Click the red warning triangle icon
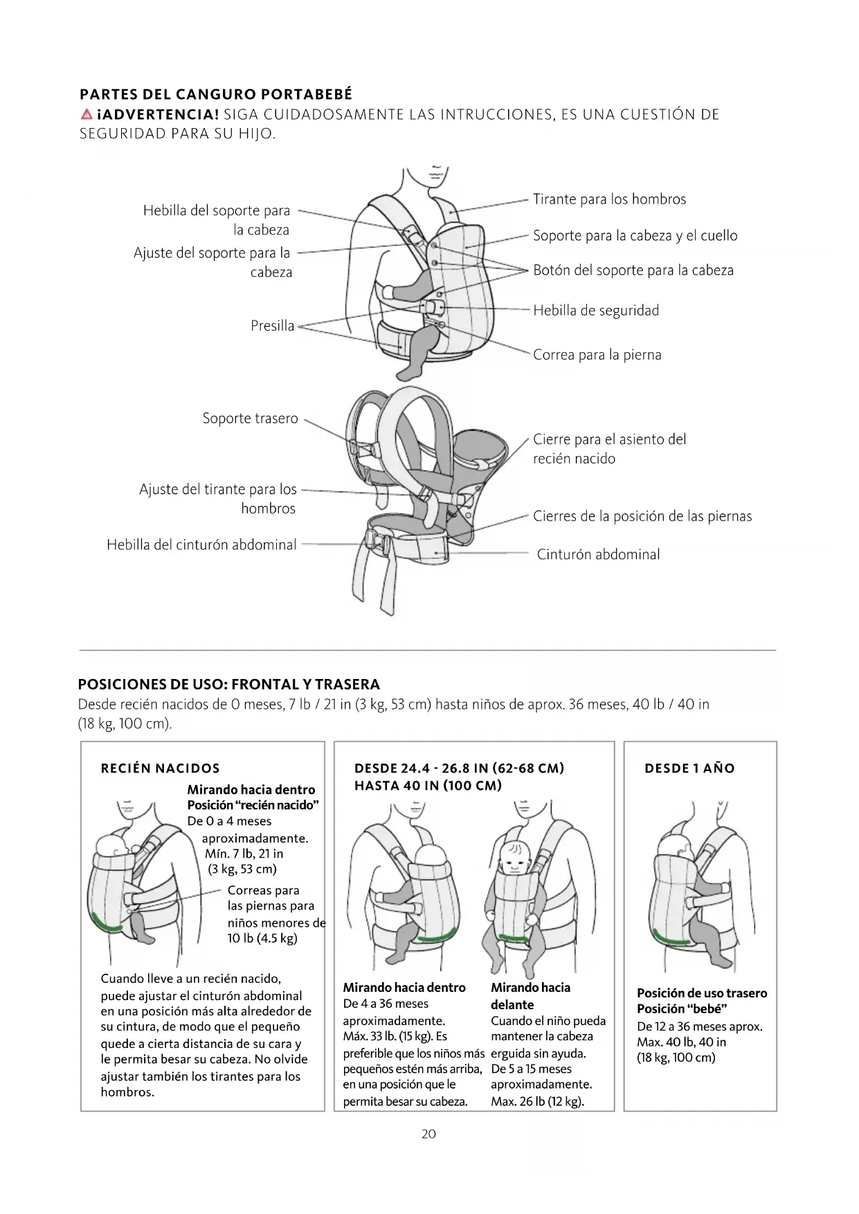point(86,114)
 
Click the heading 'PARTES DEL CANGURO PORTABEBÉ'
point(216,95)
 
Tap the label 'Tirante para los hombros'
point(609,199)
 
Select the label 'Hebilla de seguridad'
point(595,311)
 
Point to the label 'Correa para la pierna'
point(597,355)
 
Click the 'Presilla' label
point(272,326)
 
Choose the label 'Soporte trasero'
point(250,419)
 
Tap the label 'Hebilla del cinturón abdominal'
point(201,545)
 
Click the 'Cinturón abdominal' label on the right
point(598,554)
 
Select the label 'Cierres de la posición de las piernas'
point(642,516)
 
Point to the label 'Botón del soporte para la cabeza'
point(633,271)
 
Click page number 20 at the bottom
point(428,1134)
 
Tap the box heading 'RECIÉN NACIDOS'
point(160,768)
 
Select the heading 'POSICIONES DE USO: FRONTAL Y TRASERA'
point(229,685)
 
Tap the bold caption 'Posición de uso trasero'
point(701,993)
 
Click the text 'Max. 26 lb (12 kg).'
point(537,1102)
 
